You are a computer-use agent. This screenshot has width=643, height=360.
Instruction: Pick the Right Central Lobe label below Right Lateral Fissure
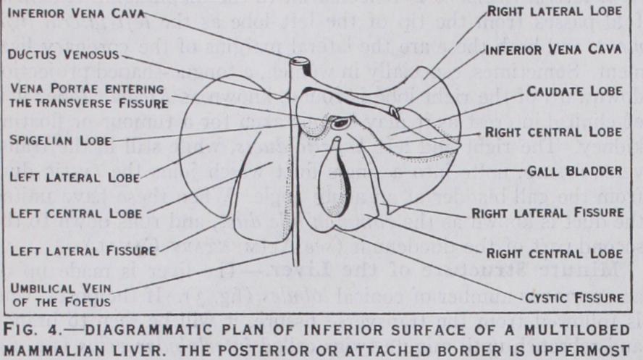pyautogui.click(x=553, y=254)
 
